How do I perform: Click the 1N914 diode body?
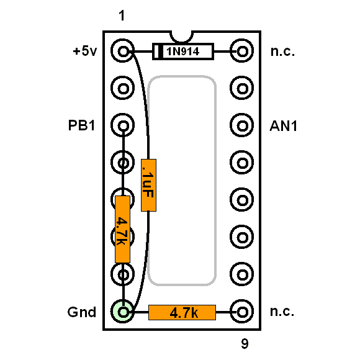[183, 52]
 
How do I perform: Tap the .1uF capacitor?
[148, 185]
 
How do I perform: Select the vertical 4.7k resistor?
[123, 229]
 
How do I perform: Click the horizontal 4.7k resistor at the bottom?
[182, 312]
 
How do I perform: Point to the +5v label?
[85, 51]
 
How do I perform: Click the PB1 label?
[81, 125]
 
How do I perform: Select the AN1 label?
[283, 126]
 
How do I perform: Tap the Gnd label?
[82, 312]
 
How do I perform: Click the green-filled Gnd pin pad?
[123, 312]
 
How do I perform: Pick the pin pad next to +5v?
[123, 51]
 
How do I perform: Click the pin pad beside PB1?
[123, 125]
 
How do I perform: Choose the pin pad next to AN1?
[242, 125]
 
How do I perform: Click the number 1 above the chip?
[122, 16]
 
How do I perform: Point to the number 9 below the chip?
[245, 344]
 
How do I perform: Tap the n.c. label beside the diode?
[282, 52]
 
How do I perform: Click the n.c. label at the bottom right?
[282, 312]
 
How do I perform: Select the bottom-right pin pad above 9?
[242, 312]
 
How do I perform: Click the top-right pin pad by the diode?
[242, 51]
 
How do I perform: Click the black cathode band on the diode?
[161, 52]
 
